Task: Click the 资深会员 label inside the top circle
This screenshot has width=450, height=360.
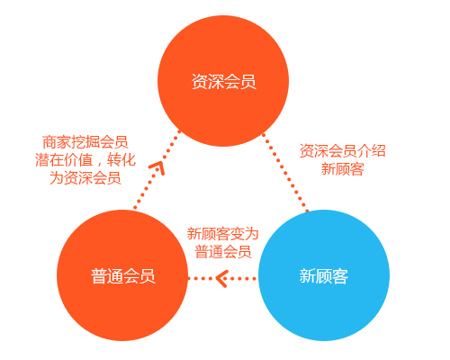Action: tap(224, 82)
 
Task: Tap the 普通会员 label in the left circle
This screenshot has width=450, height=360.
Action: tap(123, 276)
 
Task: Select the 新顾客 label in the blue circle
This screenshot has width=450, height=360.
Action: tap(324, 276)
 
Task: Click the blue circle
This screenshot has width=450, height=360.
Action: tap(324, 275)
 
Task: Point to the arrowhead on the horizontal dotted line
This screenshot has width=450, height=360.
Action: tap(221, 279)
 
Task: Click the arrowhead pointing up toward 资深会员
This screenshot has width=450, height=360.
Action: tap(157, 167)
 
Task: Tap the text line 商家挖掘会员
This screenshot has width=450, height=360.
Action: tap(85, 142)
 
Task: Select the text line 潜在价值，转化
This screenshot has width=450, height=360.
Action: tap(85, 160)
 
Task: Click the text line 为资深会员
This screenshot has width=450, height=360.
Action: tap(85, 177)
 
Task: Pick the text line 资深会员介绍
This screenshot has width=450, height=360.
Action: tap(343, 151)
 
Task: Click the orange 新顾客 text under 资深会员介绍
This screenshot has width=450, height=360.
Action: tap(343, 169)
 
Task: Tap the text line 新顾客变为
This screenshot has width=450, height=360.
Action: tap(223, 234)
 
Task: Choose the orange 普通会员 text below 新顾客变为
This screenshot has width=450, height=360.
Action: tap(223, 251)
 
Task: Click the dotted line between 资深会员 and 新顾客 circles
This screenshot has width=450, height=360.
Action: tap(285, 172)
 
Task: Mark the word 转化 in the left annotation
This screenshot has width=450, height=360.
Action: tap(121, 160)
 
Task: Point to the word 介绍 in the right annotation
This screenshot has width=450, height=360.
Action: tap(372, 151)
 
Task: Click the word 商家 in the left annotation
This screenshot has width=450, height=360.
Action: tap(57, 142)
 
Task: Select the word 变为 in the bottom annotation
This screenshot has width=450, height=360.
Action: tap(244, 234)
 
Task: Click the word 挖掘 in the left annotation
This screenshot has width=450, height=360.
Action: tap(85, 142)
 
